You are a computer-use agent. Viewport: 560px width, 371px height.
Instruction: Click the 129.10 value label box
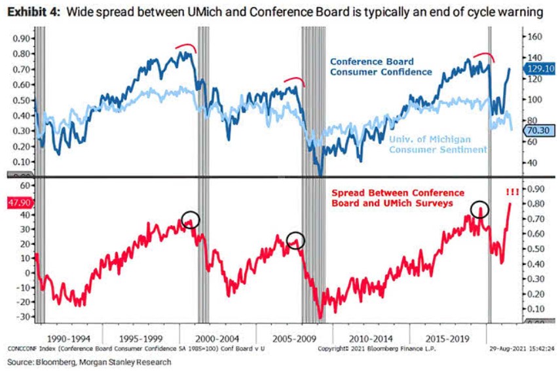[540, 68]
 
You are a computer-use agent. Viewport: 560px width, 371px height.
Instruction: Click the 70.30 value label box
[540, 130]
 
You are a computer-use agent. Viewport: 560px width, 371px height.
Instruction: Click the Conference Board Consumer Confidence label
[381, 66]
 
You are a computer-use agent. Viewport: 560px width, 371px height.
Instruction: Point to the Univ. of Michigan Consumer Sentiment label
[438, 145]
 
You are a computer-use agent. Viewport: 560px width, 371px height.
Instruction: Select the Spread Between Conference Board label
[397, 198]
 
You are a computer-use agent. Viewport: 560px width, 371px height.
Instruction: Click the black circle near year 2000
[190, 220]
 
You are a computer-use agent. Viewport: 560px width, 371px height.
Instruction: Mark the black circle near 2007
[296, 239]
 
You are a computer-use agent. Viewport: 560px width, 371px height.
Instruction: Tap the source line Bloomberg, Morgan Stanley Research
[89, 361]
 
